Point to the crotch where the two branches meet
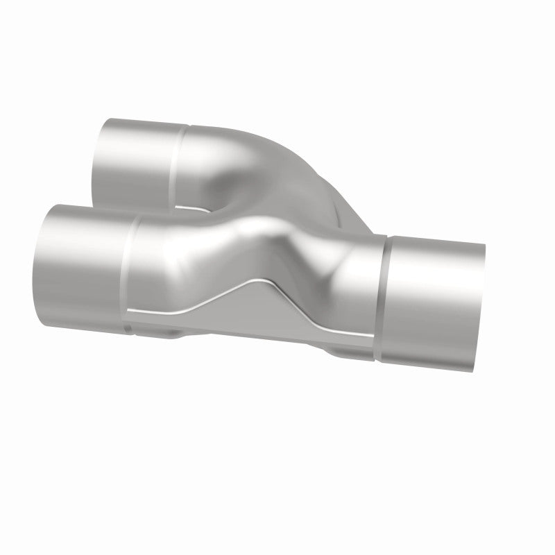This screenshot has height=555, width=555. click(x=208, y=208)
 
